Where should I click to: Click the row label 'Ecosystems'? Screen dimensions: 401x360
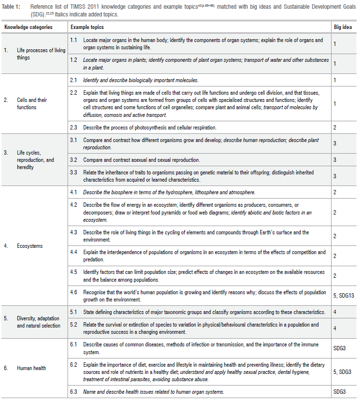coord(30,246)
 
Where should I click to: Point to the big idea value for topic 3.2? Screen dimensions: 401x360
coord(335,159)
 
